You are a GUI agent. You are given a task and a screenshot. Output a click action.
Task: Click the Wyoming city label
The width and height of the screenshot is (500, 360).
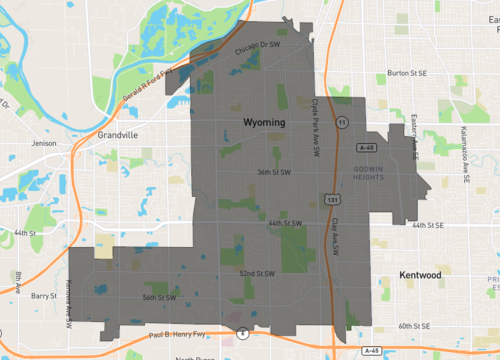pyautogui.click(x=264, y=121)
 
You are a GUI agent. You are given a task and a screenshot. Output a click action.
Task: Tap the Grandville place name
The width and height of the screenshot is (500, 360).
pyautogui.click(x=118, y=134)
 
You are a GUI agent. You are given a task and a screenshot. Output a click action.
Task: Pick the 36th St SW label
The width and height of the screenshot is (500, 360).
pyautogui.click(x=273, y=172)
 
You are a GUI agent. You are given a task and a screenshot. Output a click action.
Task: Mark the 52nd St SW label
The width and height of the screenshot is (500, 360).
pyautogui.click(x=258, y=272)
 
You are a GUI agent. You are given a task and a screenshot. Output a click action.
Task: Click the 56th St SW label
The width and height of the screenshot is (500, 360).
pyautogui.click(x=159, y=297)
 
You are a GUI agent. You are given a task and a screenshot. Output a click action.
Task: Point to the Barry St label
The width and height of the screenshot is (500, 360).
pyautogui.click(x=44, y=296)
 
